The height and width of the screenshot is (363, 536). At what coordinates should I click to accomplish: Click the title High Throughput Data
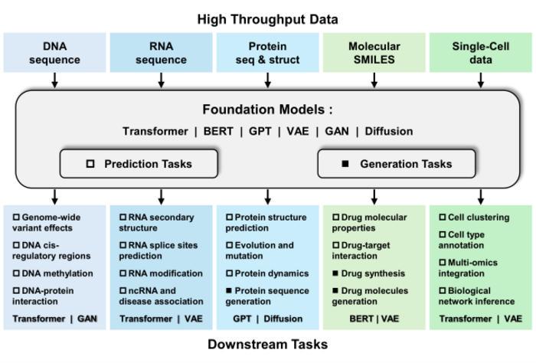click(x=267, y=18)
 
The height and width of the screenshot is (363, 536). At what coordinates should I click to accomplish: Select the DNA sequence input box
click(x=54, y=52)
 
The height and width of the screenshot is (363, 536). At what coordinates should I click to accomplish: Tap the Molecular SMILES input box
click(x=374, y=52)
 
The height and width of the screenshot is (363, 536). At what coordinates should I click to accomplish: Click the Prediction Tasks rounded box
click(x=139, y=163)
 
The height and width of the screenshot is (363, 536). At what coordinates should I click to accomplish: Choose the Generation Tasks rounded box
click(x=396, y=163)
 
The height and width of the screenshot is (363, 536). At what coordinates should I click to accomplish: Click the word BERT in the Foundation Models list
click(x=220, y=131)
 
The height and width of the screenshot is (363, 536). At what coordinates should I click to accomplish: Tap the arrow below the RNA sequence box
click(x=161, y=80)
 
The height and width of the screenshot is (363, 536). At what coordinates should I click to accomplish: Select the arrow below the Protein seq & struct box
click(x=267, y=80)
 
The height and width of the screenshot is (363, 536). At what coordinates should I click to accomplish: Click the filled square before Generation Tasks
click(x=345, y=163)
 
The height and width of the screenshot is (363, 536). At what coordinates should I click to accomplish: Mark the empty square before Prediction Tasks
click(x=90, y=163)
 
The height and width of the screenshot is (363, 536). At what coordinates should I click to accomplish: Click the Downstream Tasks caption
click(x=267, y=345)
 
